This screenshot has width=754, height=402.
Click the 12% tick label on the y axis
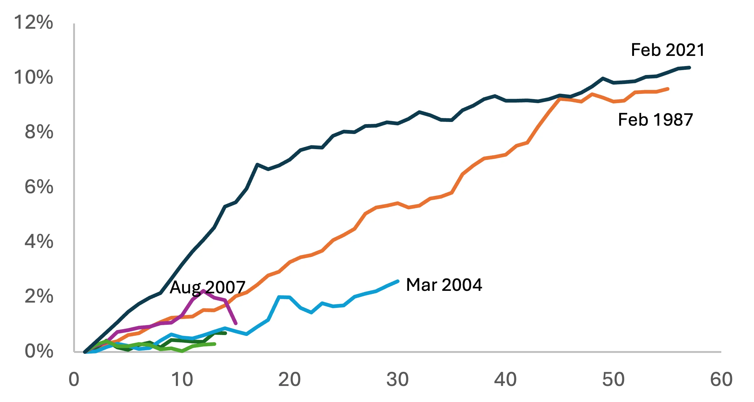coord(33,22)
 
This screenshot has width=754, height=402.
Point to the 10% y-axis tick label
coord(33,77)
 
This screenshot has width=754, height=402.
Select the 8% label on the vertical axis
coord(39,132)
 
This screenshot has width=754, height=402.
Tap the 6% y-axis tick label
coord(39,187)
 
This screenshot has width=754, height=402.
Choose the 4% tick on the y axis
coord(39,241)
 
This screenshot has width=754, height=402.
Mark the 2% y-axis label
coord(39,296)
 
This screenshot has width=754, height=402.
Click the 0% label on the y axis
coord(39,351)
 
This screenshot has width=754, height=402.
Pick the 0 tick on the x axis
coord(74,379)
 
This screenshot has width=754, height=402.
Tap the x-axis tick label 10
coord(182,379)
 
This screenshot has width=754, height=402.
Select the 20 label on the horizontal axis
coord(289,379)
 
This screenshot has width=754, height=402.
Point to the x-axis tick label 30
coord(397,379)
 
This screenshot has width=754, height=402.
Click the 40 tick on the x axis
coord(505,379)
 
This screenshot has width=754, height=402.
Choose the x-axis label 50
coord(613,379)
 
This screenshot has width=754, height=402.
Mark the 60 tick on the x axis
coord(721,379)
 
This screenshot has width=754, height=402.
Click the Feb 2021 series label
coord(668,50)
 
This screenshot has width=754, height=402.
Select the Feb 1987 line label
coord(656,120)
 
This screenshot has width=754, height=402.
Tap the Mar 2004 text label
coord(444,285)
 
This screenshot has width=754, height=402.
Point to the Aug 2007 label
coord(208,287)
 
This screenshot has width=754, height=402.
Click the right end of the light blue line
coord(398,281)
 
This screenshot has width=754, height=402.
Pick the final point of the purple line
coord(236,323)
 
